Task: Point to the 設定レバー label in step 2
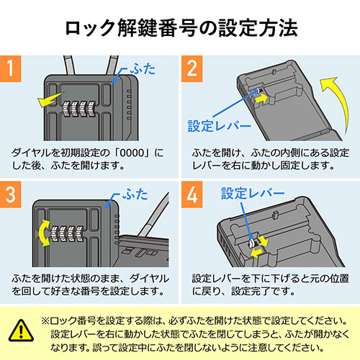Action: (219, 125)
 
